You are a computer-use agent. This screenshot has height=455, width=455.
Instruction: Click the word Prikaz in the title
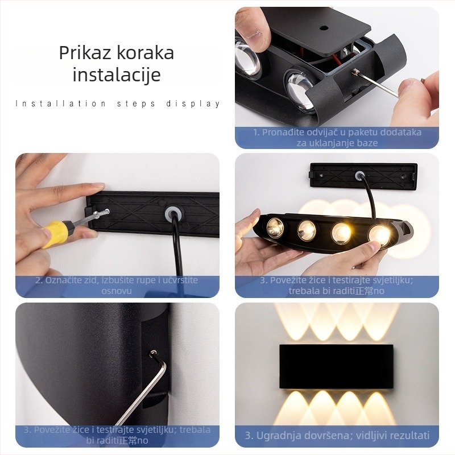click(85, 53)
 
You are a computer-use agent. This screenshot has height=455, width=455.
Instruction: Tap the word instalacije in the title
click(117, 75)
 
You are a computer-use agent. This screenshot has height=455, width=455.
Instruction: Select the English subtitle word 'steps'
click(135, 104)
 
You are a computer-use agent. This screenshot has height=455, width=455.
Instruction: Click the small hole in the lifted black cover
click(324, 27)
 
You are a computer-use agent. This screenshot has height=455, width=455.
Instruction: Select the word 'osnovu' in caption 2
click(117, 291)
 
